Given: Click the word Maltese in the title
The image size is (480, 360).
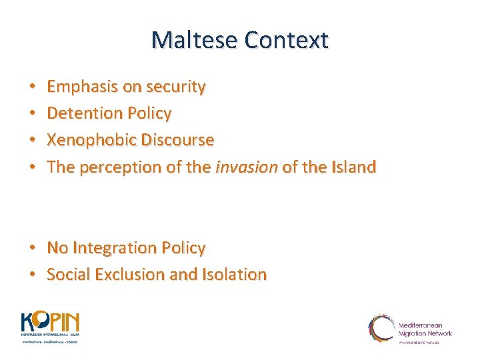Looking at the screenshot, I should [x=194, y=40].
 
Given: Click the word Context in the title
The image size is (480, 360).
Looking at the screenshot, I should [x=287, y=40].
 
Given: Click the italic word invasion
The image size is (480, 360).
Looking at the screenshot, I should [x=246, y=167].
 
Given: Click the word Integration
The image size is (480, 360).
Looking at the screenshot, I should [x=114, y=247].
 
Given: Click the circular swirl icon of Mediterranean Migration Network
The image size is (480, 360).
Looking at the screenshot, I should [x=381, y=328].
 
